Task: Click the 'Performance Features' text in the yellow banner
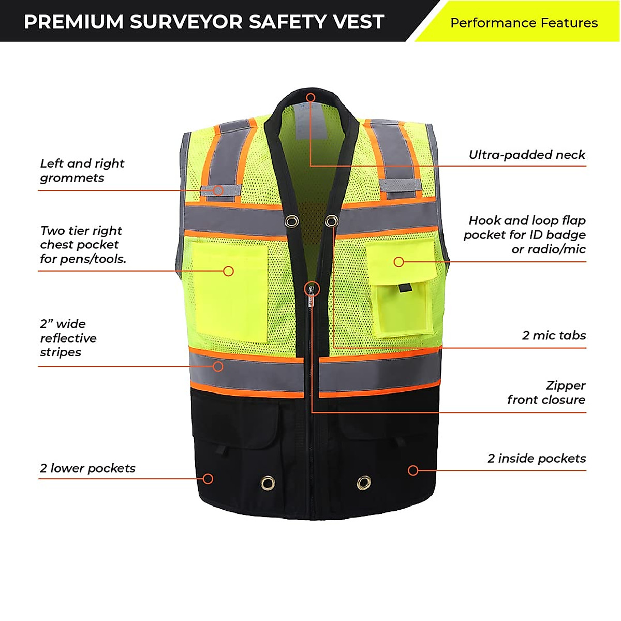[x=524, y=23]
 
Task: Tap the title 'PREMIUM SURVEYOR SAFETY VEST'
[x=204, y=22]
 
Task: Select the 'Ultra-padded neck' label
[x=527, y=155]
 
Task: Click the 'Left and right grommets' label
[x=82, y=171]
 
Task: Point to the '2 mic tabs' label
[x=554, y=335]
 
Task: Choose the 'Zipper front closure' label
[x=546, y=393]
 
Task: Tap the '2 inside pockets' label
[x=537, y=459]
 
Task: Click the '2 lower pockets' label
[x=87, y=468]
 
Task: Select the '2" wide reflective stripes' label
[x=68, y=338]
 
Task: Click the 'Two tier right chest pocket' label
[x=83, y=245]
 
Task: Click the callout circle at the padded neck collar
[x=310, y=97]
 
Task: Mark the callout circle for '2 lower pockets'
[x=208, y=479]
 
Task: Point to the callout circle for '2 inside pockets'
[x=413, y=470]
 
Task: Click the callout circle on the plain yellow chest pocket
[x=228, y=271]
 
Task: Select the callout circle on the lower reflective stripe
[x=218, y=366]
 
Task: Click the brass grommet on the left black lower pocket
[x=268, y=483]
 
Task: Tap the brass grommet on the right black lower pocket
[x=364, y=483]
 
